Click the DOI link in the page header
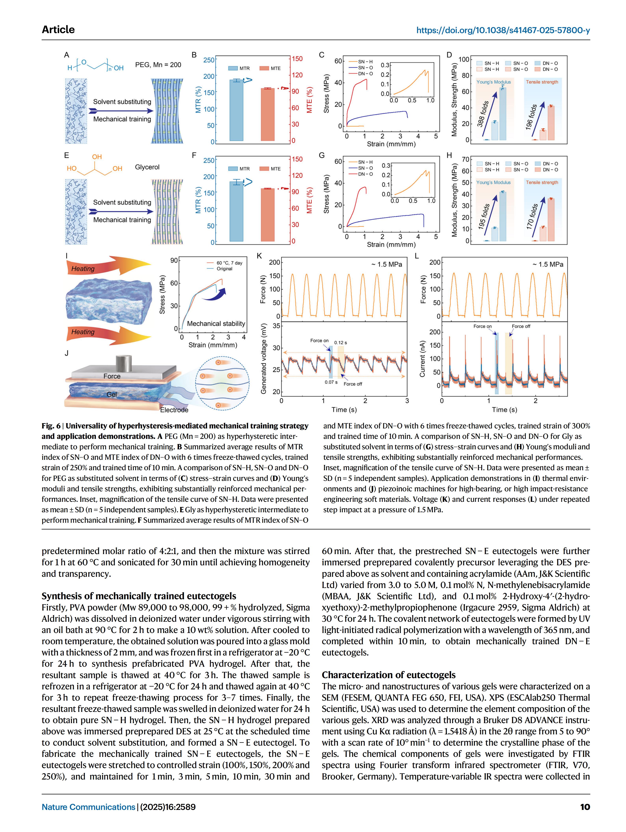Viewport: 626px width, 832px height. [x=503, y=30]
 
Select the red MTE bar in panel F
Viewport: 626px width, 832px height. [x=268, y=214]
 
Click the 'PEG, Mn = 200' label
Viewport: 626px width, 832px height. [x=158, y=65]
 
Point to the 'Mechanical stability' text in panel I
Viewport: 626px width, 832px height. [x=216, y=323]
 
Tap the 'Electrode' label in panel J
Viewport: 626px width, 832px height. [x=174, y=410]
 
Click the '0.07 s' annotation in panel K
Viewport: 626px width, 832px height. [x=331, y=382]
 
